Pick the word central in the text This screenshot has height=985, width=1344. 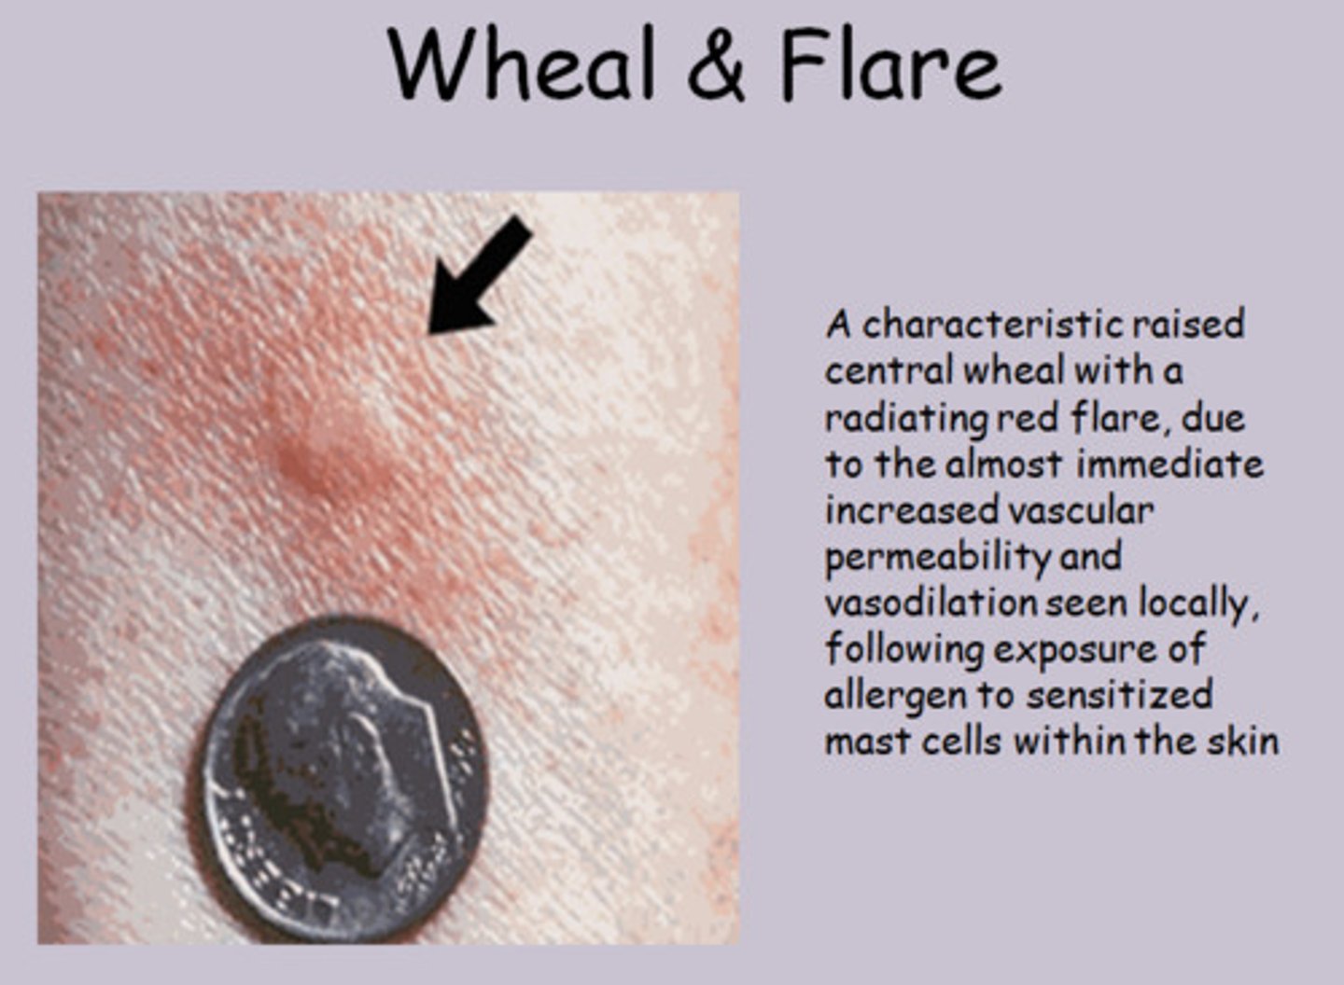pos(888,370)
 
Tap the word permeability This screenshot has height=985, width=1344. pos(937,558)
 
